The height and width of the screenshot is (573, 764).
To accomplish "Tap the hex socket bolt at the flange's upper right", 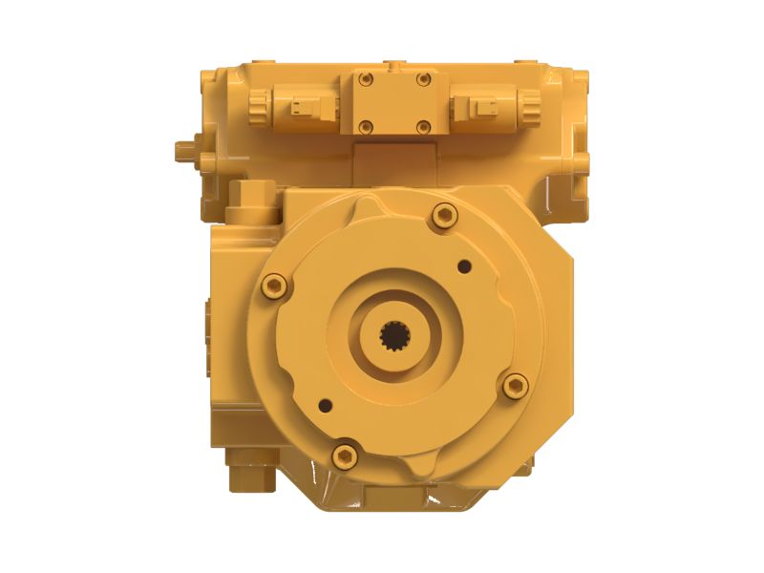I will (x=444, y=216).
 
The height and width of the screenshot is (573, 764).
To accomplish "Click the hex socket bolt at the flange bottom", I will (x=345, y=456).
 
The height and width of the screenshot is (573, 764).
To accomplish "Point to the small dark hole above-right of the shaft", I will (x=464, y=266).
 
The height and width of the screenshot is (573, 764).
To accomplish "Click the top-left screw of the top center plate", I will (x=364, y=80).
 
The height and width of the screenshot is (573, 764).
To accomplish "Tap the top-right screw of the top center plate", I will (x=423, y=80).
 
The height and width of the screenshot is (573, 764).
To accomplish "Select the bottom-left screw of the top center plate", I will (x=364, y=125).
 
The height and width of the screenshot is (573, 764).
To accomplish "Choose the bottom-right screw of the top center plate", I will (x=423, y=125).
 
